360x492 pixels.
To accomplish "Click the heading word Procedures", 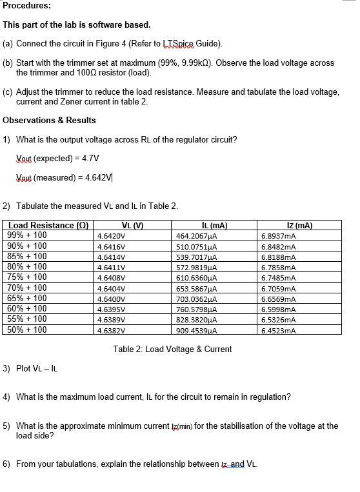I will [x=26, y=6].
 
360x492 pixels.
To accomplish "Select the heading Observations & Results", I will [x=49, y=120].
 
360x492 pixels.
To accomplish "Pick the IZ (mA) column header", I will [x=299, y=226].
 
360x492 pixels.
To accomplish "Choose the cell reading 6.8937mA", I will [x=279, y=236].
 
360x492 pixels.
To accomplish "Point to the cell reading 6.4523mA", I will [x=279, y=330].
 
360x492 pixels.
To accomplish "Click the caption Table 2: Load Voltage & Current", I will [x=172, y=349].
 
